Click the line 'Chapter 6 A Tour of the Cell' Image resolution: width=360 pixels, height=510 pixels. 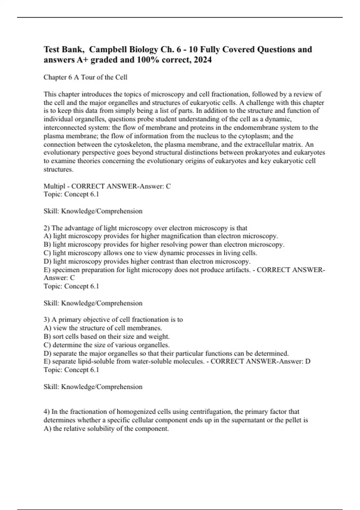[85, 77]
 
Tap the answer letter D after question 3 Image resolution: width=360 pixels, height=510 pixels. [308, 361]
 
